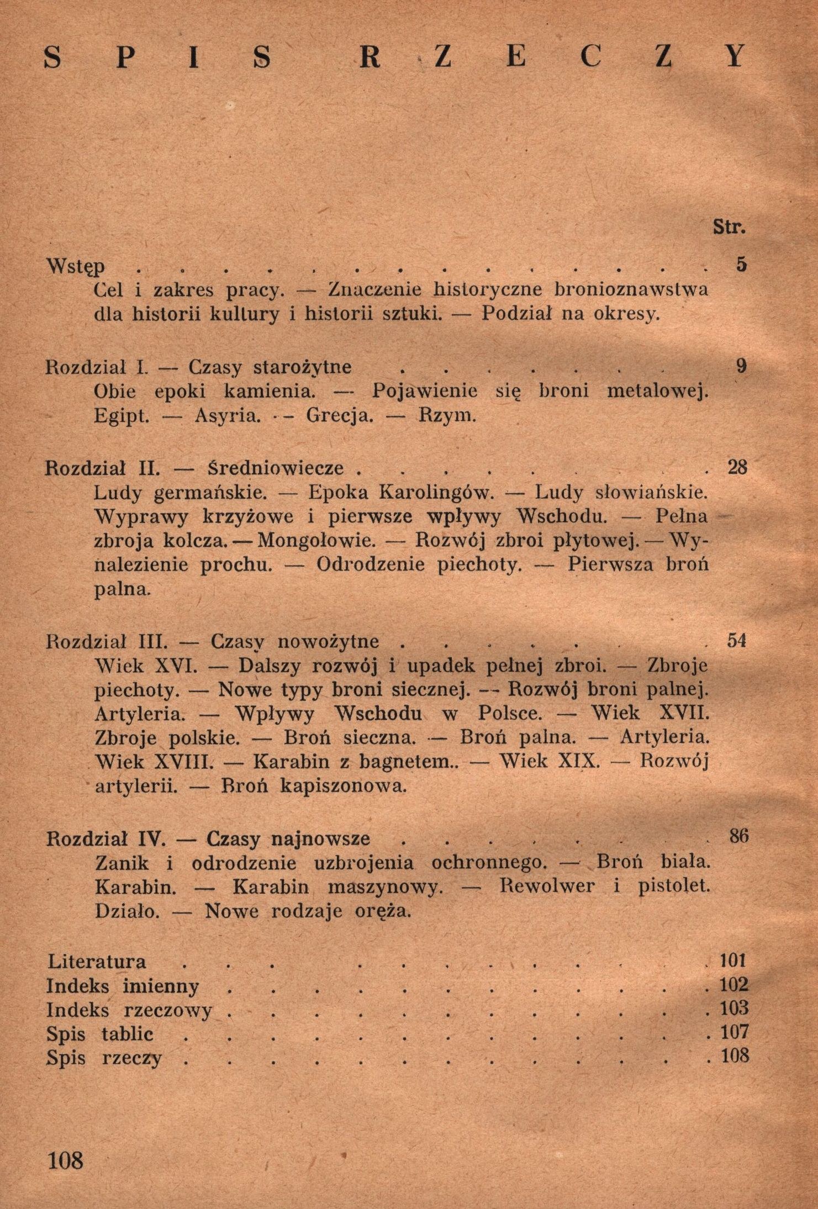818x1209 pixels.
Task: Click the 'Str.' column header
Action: pyautogui.click(x=729, y=227)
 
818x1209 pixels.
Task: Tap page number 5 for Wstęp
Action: pyautogui.click(x=741, y=265)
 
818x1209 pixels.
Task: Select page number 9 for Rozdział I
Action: pyautogui.click(x=741, y=366)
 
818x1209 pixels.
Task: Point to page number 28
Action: pyautogui.click(x=737, y=467)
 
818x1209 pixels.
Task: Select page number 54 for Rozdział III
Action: pyautogui.click(x=737, y=641)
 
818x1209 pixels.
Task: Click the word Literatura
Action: pyautogui.click(x=97, y=962)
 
